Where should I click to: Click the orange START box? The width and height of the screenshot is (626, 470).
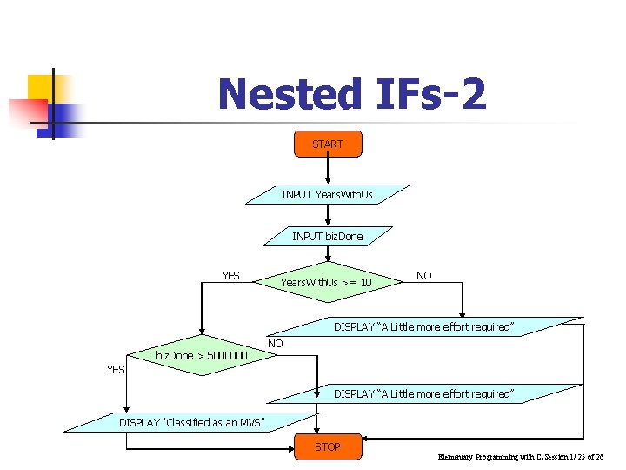(328, 144)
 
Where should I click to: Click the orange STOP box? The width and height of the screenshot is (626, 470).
(328, 446)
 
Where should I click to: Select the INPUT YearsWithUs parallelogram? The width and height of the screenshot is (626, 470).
(327, 194)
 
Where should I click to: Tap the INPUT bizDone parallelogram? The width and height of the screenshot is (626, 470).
(328, 236)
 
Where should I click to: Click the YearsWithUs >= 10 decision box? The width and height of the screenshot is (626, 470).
(326, 282)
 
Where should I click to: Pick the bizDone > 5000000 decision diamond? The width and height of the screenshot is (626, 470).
(201, 355)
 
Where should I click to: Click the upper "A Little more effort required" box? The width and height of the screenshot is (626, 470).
(424, 326)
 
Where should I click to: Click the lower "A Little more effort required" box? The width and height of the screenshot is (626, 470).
(424, 393)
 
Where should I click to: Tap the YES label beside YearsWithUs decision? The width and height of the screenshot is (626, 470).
(230, 276)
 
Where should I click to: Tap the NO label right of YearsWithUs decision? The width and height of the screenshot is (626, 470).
(424, 276)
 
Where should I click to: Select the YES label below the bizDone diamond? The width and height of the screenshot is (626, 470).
(115, 370)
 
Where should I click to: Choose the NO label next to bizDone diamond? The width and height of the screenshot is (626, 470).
(276, 344)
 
